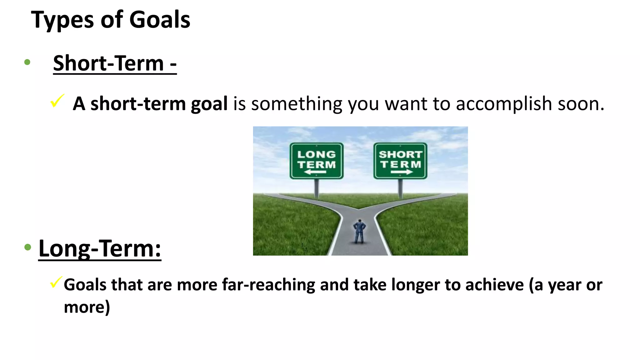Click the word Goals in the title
pyautogui.click(x=160, y=20)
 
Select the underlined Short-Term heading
pyautogui.click(x=115, y=63)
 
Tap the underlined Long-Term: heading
pyautogui.click(x=100, y=248)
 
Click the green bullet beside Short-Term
pyautogui.click(x=27, y=62)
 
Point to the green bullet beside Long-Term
pyautogui.click(x=28, y=247)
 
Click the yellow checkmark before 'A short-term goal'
pyautogui.click(x=57, y=101)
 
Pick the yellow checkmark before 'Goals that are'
pyautogui.click(x=56, y=282)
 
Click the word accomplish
pyautogui.click(x=504, y=104)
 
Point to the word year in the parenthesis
pyautogui.click(x=564, y=285)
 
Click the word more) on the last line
pyautogui.click(x=87, y=307)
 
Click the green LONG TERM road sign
pyautogui.click(x=316, y=161)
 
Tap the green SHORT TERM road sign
pyautogui.click(x=400, y=161)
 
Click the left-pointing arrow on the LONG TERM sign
pyautogui.click(x=315, y=172)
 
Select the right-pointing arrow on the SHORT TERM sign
pyautogui.click(x=402, y=172)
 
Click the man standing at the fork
pyautogui.click(x=359, y=232)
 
